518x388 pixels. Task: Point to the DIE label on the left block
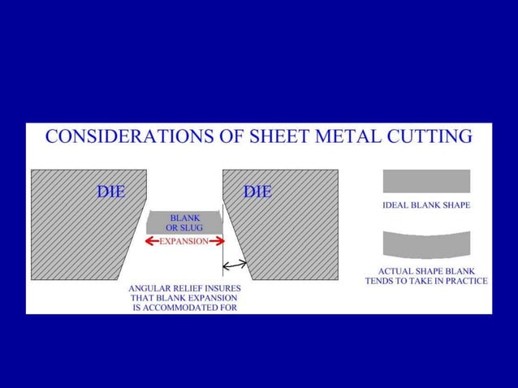110,192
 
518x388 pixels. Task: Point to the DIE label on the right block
257,192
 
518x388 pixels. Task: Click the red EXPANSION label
183,242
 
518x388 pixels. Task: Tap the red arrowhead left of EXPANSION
152,242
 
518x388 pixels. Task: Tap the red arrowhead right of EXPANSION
217,242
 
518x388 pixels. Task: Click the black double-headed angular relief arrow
235,264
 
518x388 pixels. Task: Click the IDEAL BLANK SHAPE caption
426,205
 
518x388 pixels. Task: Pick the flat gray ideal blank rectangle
426,181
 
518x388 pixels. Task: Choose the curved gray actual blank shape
426,243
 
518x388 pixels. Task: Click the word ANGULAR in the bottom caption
153,287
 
